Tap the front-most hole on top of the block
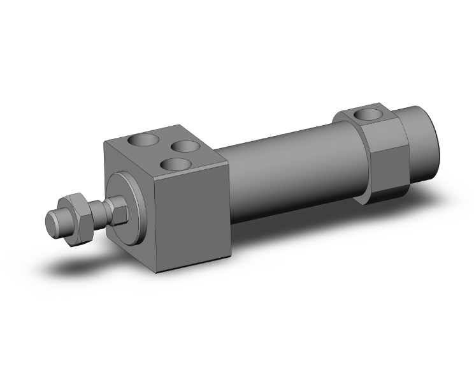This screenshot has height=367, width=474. [x=174, y=164]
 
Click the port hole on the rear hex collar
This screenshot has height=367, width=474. [x=367, y=115]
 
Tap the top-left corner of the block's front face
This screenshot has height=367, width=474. [x=103, y=143]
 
